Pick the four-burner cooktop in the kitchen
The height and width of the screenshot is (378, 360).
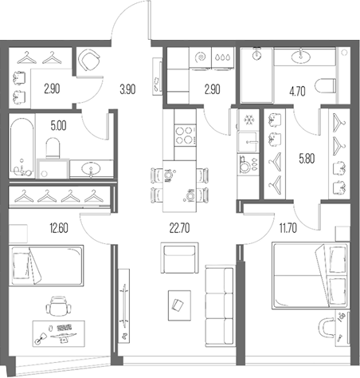185,132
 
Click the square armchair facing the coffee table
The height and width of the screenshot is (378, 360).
177,260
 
